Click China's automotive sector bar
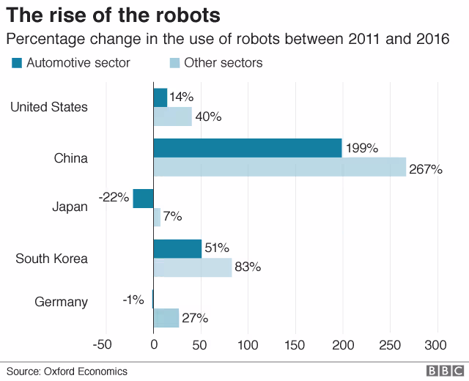pos(248,148)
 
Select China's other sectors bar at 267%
pos(279,167)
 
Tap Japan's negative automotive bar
pos(143,198)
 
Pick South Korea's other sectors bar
pos(192,267)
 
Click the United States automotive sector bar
pos(160,97)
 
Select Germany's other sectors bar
pos(166,318)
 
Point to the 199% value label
pos(361,148)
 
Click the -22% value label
pos(114,197)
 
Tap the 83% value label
pos(248,267)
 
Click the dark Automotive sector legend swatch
pos(17,63)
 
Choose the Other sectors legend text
pos(223,63)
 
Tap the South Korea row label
pos(51,259)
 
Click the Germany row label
pos(62,302)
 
